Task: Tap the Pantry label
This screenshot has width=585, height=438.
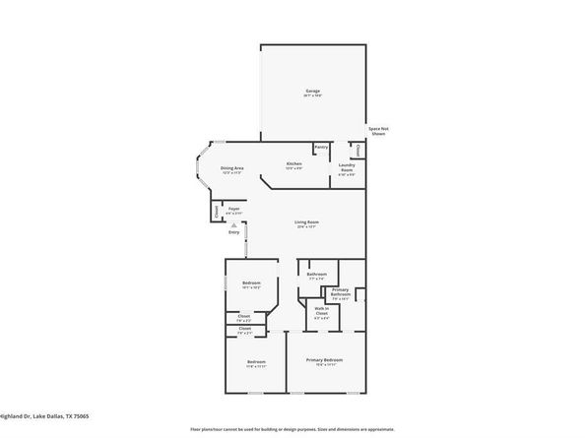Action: (321, 148)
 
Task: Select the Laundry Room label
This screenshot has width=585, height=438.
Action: (347, 167)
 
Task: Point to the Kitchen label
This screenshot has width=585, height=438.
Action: (293, 164)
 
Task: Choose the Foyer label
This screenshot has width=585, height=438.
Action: (234, 209)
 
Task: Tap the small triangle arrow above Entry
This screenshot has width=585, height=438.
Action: (233, 223)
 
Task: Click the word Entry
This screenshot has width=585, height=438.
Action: (233, 231)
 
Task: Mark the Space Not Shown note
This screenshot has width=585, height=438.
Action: (377, 131)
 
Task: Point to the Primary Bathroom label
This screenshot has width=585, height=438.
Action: (341, 291)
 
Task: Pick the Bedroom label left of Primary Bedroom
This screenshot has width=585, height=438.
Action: (255, 362)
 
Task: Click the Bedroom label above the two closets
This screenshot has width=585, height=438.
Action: (249, 283)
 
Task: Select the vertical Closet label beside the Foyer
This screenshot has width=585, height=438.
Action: (215, 211)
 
